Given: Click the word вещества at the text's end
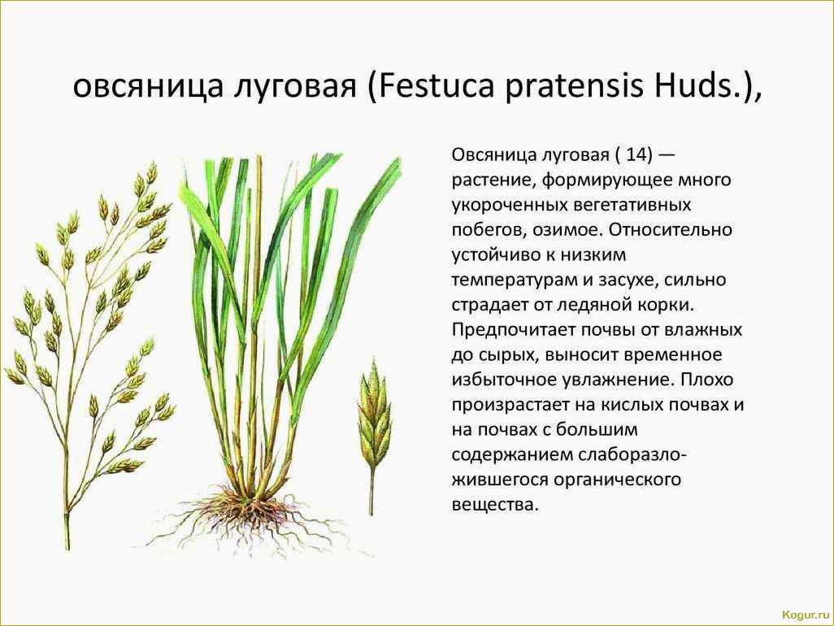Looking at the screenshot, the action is (495, 504).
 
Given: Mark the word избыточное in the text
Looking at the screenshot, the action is (502, 380).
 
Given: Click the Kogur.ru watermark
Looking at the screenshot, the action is (806, 615).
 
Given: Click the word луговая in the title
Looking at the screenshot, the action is (295, 88).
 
